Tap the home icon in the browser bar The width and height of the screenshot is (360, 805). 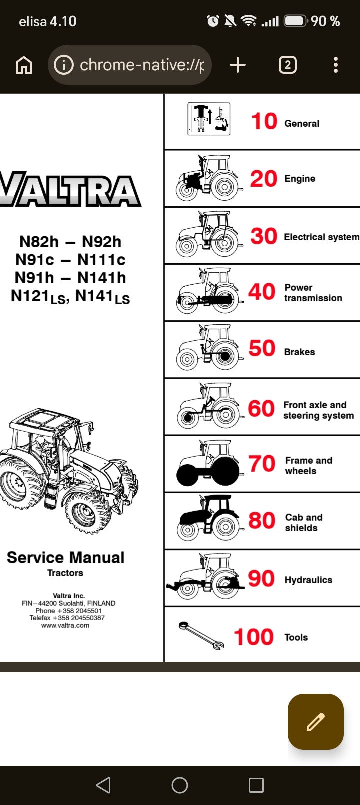click(24, 65)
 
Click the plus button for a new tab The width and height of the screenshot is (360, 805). click(238, 65)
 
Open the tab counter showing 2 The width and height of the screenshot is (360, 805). click(288, 65)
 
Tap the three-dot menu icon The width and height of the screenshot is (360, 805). click(336, 65)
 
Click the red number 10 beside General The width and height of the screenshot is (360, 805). click(264, 121)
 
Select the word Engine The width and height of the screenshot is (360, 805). click(300, 178)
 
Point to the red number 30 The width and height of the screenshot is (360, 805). click(264, 236)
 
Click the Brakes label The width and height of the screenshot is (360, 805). click(299, 352)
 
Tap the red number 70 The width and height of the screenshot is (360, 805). click(262, 463)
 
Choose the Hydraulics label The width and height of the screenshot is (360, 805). click(308, 580)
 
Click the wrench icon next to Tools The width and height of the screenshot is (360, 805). click(201, 635)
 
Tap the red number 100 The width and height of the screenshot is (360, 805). click(254, 637)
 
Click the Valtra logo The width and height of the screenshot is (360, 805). click(70, 189)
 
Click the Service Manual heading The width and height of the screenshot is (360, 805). click(65, 558)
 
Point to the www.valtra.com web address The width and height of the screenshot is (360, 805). click(65, 625)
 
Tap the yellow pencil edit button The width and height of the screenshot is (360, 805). click(316, 722)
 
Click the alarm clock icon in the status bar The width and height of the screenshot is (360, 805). click(213, 21)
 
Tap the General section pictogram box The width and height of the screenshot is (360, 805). click(209, 119)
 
